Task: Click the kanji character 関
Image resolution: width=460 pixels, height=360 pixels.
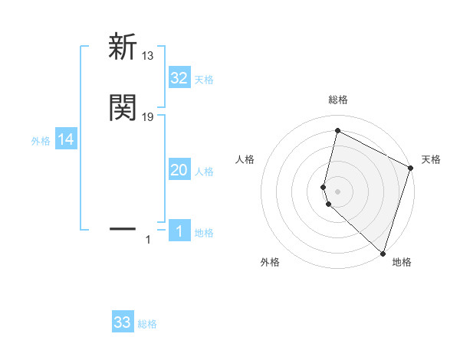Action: pyautogui.click(x=123, y=108)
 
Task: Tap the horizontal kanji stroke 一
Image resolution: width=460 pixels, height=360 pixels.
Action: pyautogui.click(x=123, y=228)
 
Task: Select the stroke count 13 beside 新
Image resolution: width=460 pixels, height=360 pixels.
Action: pyautogui.click(x=148, y=55)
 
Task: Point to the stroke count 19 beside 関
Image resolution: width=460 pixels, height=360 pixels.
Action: pyautogui.click(x=148, y=117)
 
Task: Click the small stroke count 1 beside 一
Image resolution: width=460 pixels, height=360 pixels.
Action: pyautogui.click(x=148, y=241)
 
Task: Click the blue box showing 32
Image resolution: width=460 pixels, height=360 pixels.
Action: pyautogui.click(x=179, y=77)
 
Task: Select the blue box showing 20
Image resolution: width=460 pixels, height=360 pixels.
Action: pyautogui.click(x=179, y=170)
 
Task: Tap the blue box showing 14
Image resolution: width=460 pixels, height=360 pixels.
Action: pyautogui.click(x=66, y=139)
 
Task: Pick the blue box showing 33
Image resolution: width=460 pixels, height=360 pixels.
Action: pyautogui.click(x=123, y=322)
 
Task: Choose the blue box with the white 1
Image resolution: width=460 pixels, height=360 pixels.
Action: pyautogui.click(x=179, y=231)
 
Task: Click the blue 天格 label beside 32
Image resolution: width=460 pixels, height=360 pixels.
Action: pyautogui.click(x=204, y=79)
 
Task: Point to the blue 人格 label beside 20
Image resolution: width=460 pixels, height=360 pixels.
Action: pyautogui.click(x=204, y=172)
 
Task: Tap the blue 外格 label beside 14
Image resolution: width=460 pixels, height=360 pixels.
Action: pyautogui.click(x=41, y=141)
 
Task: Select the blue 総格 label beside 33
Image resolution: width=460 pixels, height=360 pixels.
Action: pyautogui.click(x=147, y=324)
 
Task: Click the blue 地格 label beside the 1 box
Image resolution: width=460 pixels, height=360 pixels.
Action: pyautogui.click(x=204, y=233)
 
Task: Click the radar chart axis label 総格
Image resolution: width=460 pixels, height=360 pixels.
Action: pyautogui.click(x=338, y=100)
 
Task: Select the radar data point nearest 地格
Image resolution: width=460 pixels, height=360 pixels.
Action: pyautogui.click(x=383, y=253)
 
